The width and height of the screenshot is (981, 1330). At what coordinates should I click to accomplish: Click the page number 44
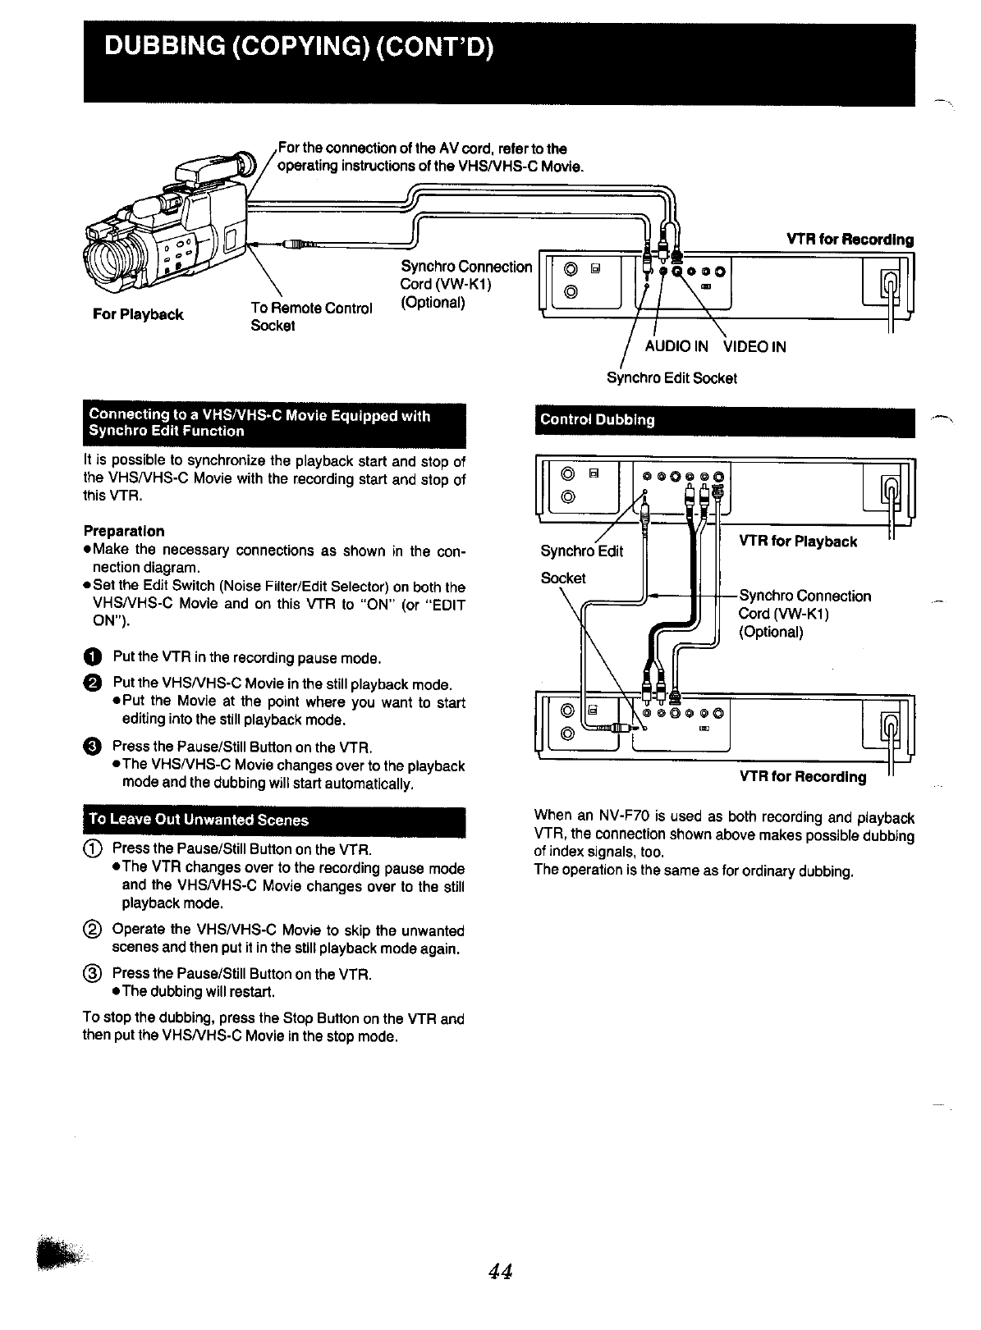500,1271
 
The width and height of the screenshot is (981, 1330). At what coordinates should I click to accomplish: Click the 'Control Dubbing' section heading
597,420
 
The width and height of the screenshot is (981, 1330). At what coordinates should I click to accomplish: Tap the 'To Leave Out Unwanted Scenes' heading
199,820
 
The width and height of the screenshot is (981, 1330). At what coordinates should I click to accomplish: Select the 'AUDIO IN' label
676,346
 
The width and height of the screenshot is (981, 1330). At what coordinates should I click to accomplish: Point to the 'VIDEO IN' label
754,346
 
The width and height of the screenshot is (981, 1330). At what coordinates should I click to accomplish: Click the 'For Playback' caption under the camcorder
138,314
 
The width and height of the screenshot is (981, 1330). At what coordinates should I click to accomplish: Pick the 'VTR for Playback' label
798,542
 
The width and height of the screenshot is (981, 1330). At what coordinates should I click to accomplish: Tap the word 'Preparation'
124,531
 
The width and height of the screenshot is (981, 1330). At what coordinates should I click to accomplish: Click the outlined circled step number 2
93,930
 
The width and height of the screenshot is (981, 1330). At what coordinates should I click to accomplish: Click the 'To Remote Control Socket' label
310,317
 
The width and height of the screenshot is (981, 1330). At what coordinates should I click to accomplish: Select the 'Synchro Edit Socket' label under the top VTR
672,378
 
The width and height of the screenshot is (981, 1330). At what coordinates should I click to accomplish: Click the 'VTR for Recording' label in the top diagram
850,240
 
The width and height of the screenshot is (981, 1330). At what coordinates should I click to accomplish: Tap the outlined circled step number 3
93,974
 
